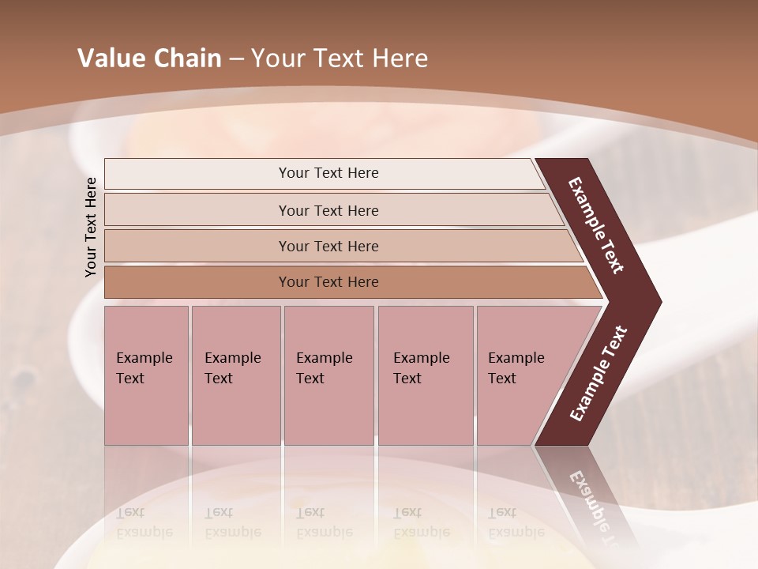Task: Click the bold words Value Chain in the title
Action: (x=149, y=58)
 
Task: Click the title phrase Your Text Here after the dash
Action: (x=340, y=58)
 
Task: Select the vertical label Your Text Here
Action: (x=91, y=227)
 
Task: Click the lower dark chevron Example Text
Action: (x=599, y=373)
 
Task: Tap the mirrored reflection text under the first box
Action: (x=144, y=522)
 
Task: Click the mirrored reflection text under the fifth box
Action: (x=516, y=522)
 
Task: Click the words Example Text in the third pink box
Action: (x=324, y=367)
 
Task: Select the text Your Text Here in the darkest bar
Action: (x=328, y=282)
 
